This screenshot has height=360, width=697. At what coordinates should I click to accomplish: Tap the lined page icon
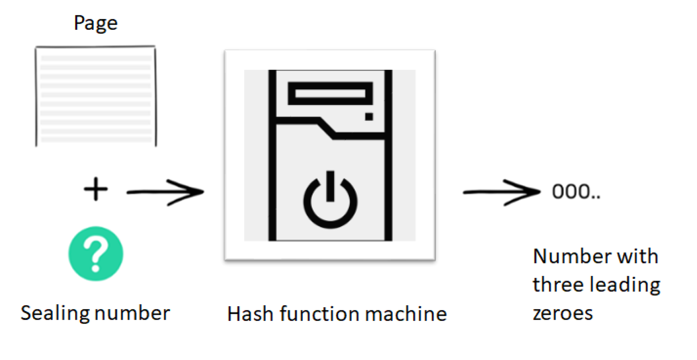point(96,96)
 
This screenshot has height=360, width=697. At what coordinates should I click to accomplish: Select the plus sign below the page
point(96,189)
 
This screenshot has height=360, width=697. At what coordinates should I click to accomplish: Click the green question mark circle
point(96,254)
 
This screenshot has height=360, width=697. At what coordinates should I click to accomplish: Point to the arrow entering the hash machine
point(165,192)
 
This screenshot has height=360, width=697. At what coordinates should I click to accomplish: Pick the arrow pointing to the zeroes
point(502,192)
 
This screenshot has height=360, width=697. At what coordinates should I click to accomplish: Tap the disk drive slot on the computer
point(330,93)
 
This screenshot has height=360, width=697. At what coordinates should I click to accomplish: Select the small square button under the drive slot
point(369,116)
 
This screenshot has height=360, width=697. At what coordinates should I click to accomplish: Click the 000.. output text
point(576,191)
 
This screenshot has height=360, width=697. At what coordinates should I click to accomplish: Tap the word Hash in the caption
point(250,314)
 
